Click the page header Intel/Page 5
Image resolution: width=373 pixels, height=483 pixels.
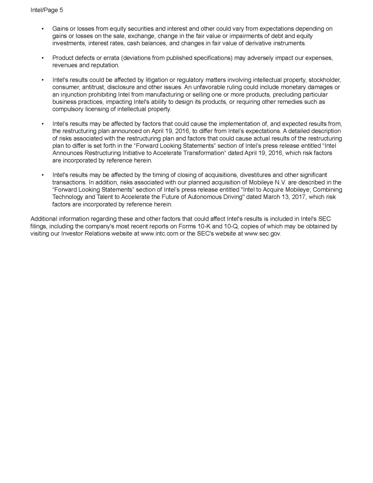(x=47, y=10)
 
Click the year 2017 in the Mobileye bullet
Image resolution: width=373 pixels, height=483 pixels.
(x=283, y=197)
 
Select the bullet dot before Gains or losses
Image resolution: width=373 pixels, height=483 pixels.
(x=43, y=29)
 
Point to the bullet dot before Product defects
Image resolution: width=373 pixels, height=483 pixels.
(x=43, y=58)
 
